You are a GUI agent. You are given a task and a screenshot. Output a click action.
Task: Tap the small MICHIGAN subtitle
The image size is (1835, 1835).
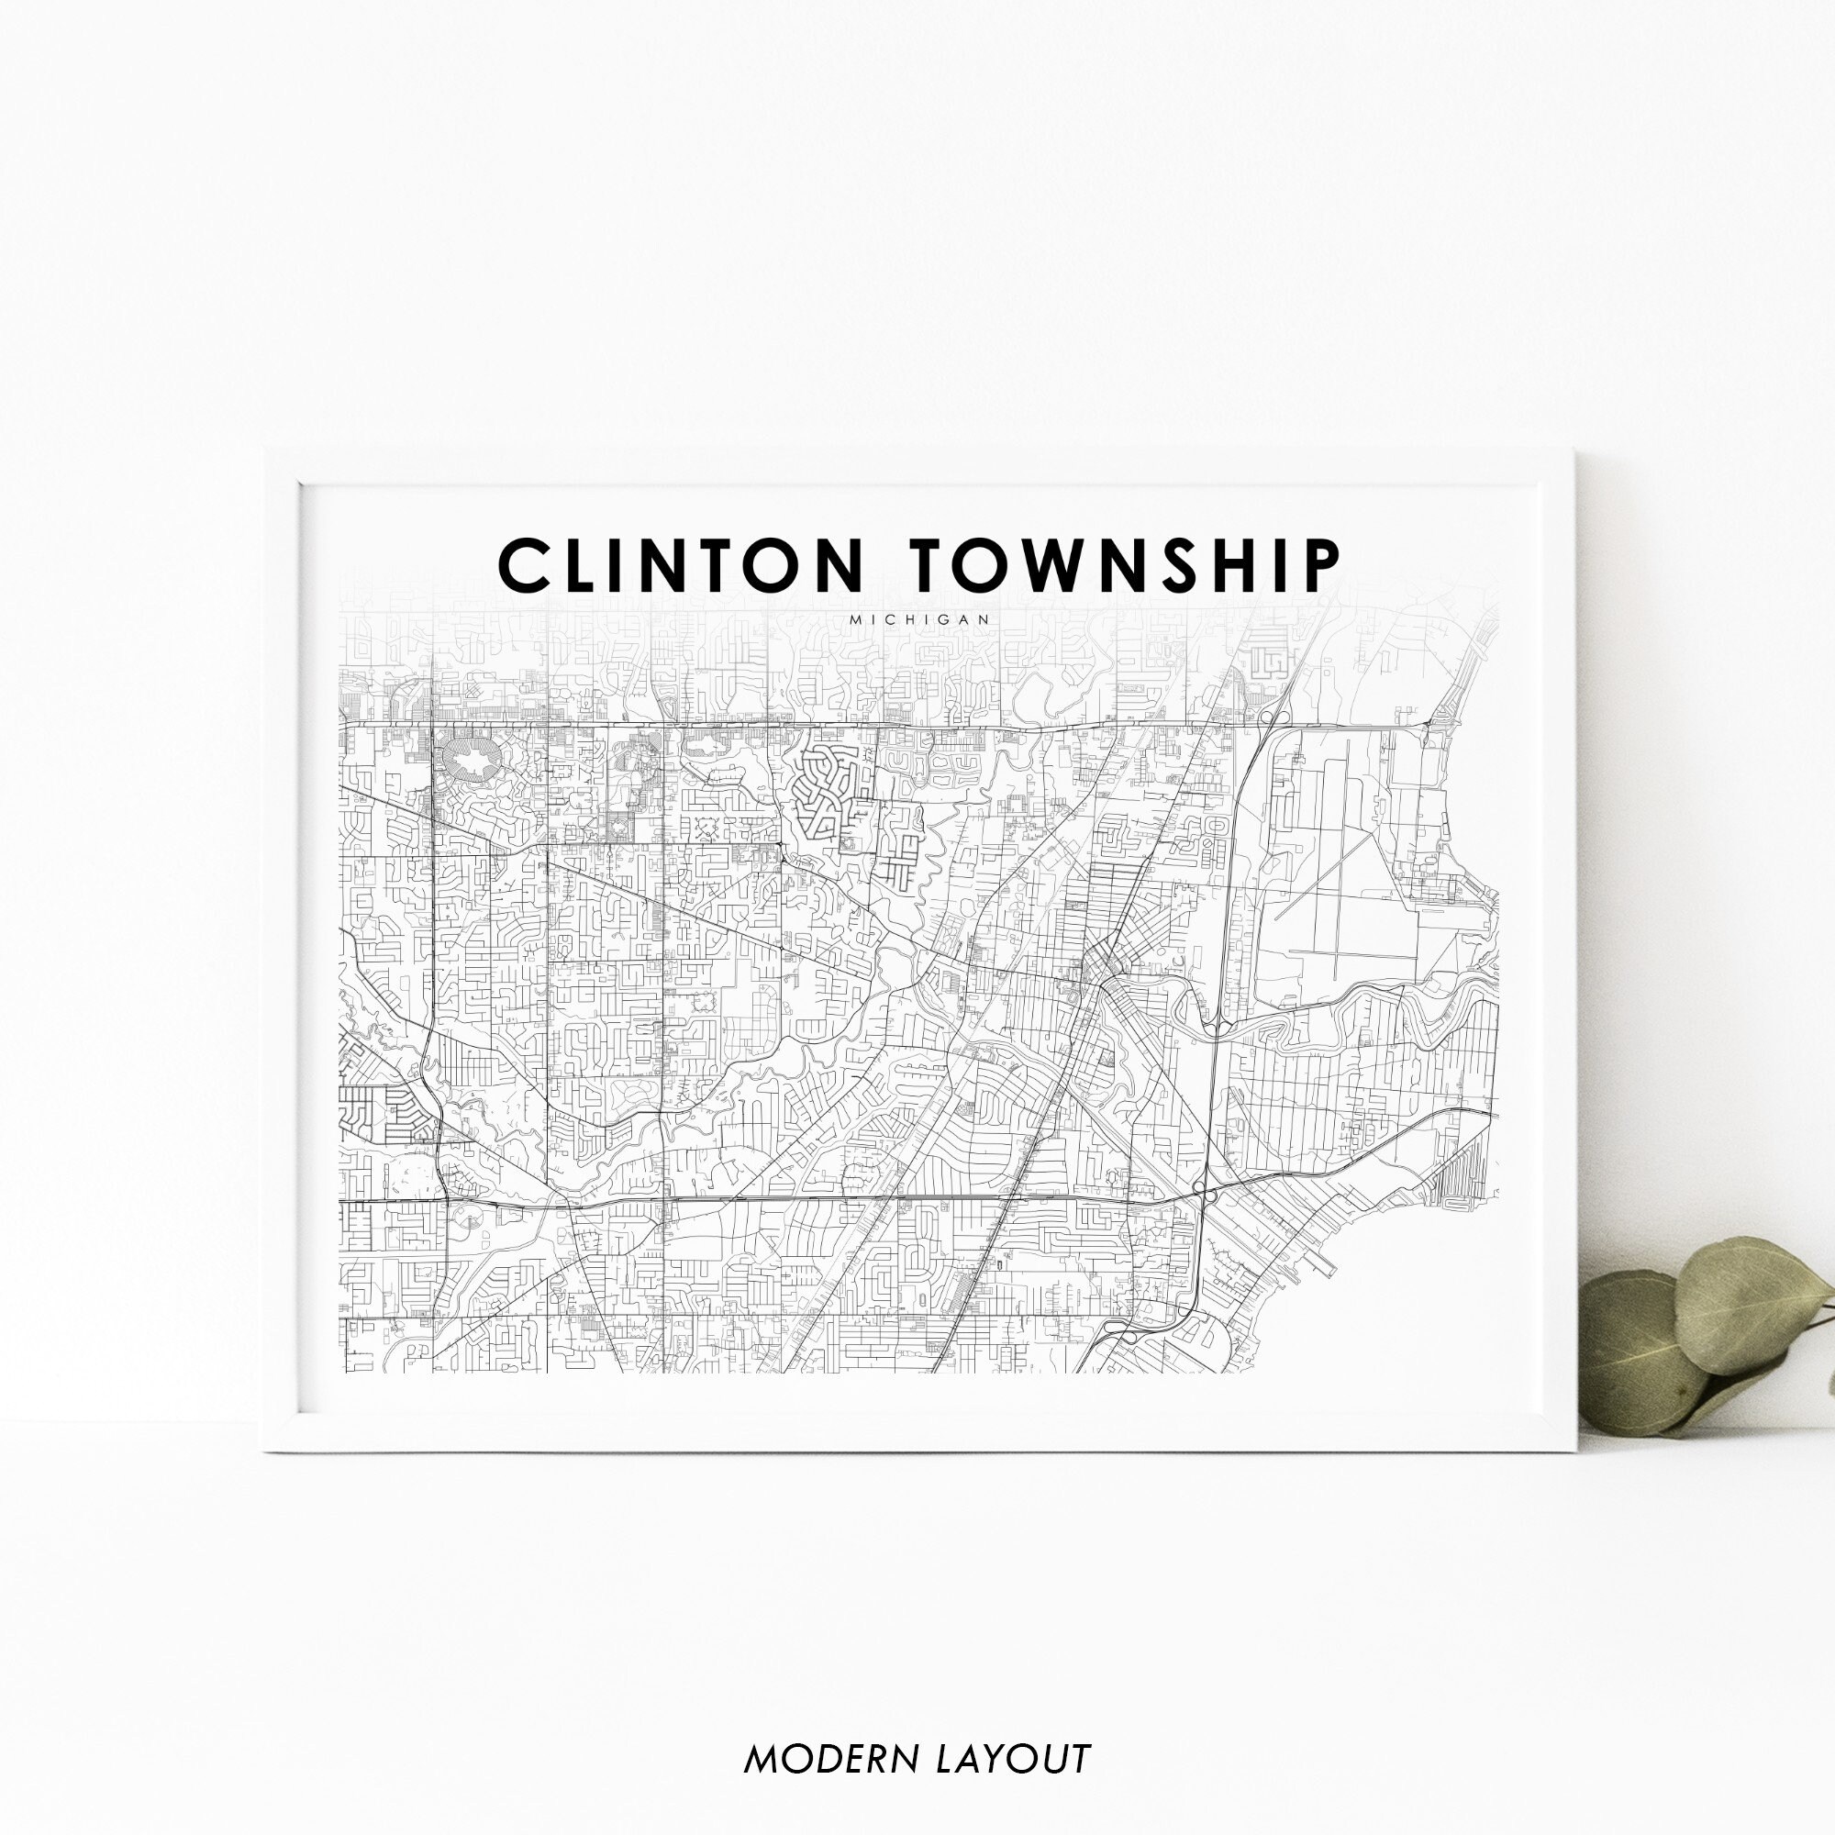pyautogui.click(x=920, y=619)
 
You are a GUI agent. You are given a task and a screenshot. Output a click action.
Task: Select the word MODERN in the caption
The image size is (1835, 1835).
pyautogui.click(x=835, y=1758)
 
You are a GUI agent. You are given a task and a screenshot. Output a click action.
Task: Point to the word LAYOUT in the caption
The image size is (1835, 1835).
pyautogui.click(x=1014, y=1758)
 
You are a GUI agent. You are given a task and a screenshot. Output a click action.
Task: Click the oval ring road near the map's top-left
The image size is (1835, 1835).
pyautogui.click(x=470, y=760)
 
